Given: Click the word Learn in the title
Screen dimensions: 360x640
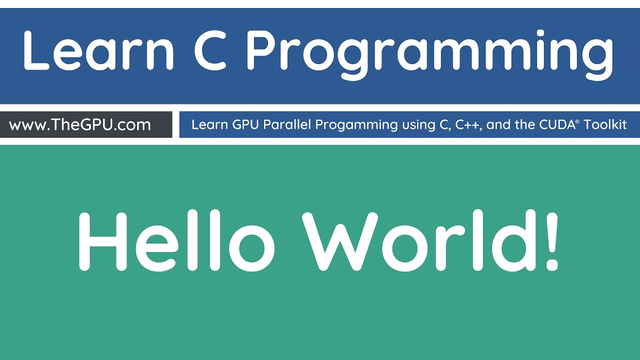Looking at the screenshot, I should tap(98, 50).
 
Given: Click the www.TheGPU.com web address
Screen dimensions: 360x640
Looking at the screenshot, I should tap(80, 124).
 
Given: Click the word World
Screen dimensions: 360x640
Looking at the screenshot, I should tap(420, 241).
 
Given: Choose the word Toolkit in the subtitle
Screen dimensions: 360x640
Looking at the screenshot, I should tap(604, 124).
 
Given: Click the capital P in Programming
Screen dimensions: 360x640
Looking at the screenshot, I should tap(263, 50).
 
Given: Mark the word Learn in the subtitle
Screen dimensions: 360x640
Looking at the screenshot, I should tap(209, 124).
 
